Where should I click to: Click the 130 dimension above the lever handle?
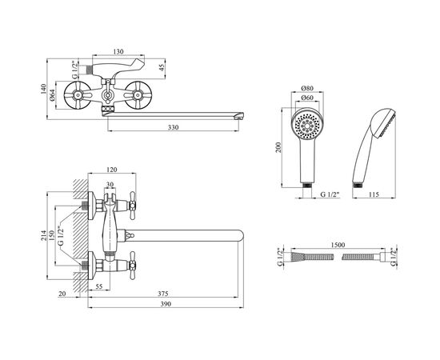click(x=118, y=52)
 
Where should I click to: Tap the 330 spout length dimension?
click(x=173, y=127)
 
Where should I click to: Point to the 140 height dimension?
click(x=43, y=89)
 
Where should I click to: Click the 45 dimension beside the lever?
click(x=162, y=68)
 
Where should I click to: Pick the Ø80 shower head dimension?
click(x=307, y=88)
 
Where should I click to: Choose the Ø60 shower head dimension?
click(x=307, y=98)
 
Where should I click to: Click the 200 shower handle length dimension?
click(x=278, y=147)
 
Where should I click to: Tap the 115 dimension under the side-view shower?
click(x=374, y=194)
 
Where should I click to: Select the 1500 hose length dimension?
click(x=338, y=245)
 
